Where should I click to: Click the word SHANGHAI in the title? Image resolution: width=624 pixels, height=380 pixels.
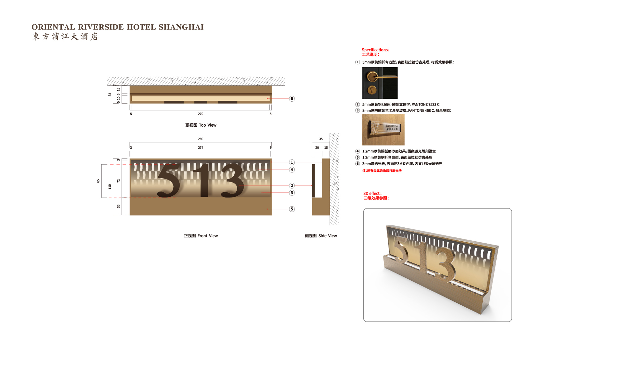[181, 27]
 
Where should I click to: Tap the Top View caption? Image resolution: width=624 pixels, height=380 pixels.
[201, 125]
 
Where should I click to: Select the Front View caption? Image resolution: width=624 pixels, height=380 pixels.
[201, 236]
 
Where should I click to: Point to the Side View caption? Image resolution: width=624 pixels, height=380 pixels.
[321, 236]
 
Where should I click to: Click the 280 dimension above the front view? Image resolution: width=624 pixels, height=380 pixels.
[201, 139]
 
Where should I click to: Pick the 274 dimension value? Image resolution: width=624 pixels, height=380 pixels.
[201, 148]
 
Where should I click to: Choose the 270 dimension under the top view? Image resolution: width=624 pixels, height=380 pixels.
[201, 114]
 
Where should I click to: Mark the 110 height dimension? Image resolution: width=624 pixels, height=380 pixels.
[110, 187]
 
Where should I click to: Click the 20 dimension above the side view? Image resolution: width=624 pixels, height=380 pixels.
[317, 148]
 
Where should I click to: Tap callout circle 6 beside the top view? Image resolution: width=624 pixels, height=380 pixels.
[292, 99]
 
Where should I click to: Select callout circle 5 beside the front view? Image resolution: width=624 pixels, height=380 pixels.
[292, 209]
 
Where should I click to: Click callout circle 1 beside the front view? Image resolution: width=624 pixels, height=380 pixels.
[292, 162]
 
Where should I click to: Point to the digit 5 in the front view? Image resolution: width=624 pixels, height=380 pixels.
[169, 181]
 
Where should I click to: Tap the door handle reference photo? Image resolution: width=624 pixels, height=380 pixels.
[380, 83]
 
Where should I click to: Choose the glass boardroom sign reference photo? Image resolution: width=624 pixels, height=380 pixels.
[383, 130]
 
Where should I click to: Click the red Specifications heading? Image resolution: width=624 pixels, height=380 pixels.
[375, 50]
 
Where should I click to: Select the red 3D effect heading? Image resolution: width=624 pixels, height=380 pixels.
[372, 194]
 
